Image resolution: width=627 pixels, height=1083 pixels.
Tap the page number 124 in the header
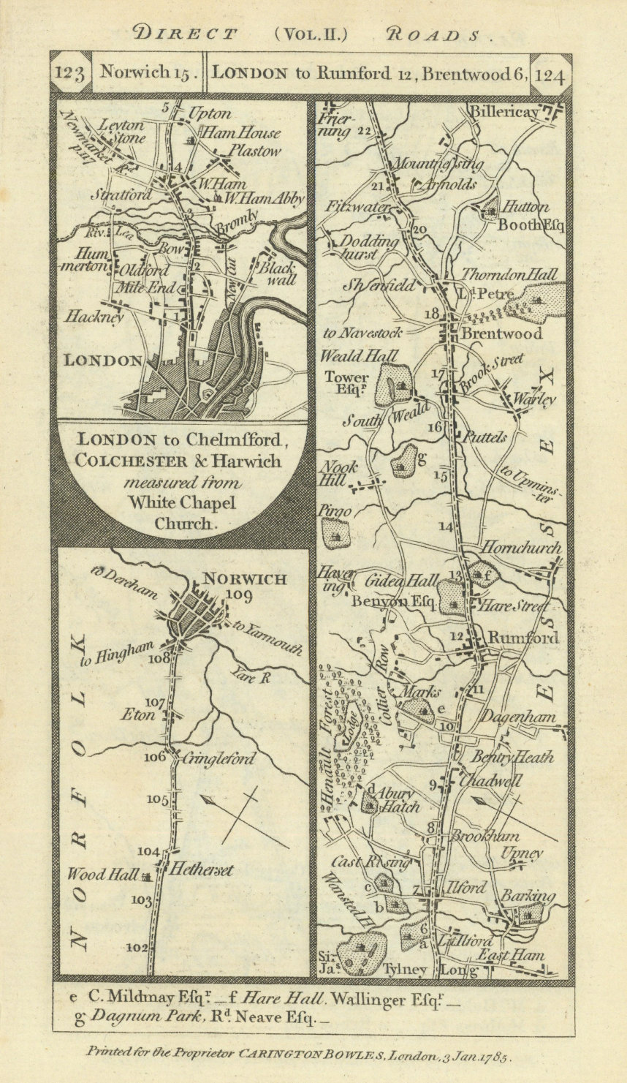[x=550, y=75]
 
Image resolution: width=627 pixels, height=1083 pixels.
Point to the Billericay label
[x=504, y=113]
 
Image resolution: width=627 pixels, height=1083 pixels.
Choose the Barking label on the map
[x=528, y=897]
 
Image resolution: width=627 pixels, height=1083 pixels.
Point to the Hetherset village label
[x=201, y=870]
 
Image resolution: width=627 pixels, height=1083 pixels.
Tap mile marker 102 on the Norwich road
[x=136, y=947]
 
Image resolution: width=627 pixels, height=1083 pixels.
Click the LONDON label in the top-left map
[x=102, y=360]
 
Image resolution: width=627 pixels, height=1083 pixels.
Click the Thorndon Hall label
[x=509, y=275]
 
